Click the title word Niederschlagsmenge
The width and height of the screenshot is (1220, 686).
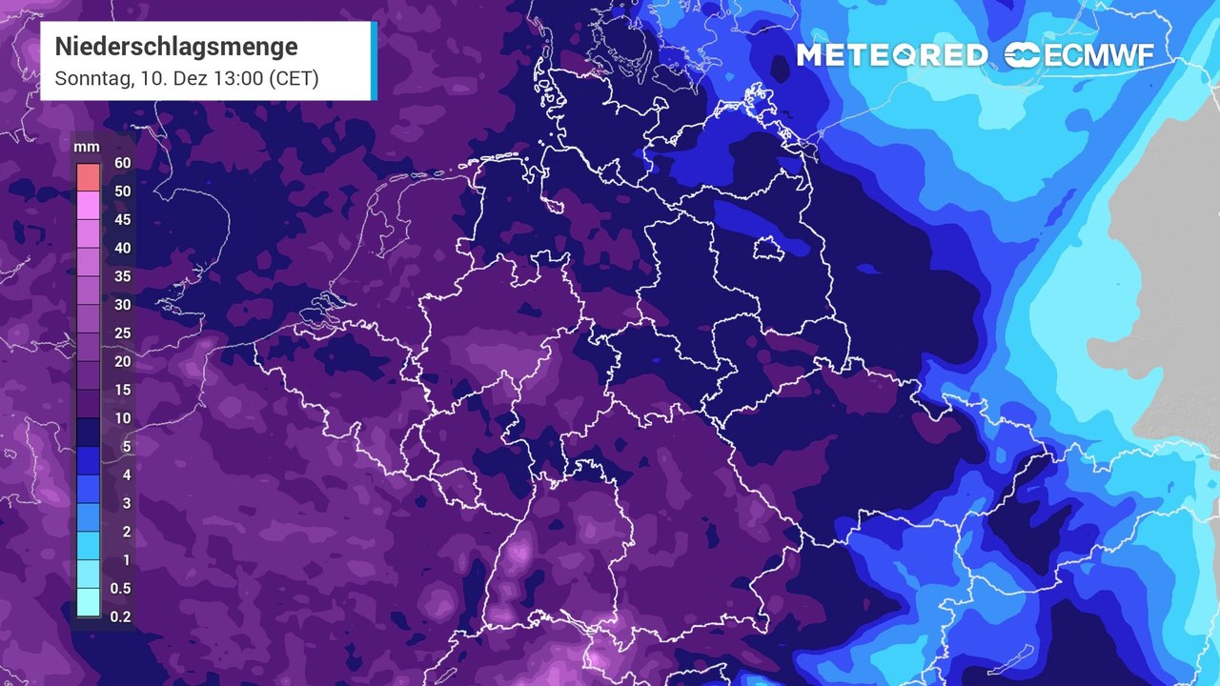coord(176,46)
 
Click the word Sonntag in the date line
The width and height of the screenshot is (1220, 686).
coord(91,78)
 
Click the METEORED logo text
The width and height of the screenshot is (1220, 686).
coord(892,55)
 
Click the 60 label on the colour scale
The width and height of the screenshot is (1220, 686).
coord(122,163)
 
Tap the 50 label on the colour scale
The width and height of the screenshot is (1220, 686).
coord(122,192)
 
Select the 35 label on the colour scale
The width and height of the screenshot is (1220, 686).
coord(122,276)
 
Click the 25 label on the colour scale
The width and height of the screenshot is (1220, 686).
coord(122,333)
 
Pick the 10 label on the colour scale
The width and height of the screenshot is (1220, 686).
coord(122,418)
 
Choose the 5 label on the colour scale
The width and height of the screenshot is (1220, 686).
coord(126,446)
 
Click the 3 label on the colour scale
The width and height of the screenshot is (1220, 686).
coord(126,503)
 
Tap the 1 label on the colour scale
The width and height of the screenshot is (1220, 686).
coord(126,559)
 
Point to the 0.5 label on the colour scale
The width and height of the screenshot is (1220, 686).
coord(121,588)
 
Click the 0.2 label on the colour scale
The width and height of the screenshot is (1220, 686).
coord(121,616)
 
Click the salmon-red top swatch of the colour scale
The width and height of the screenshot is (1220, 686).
coord(88,177)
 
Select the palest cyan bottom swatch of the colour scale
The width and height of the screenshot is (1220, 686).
coord(88,602)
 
